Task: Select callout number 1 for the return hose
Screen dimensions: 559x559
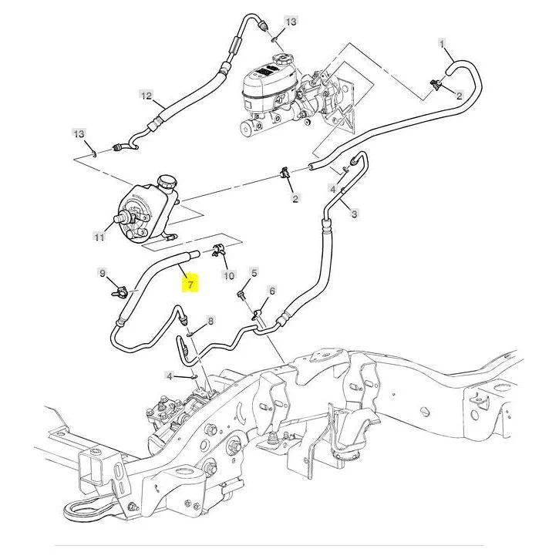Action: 442,44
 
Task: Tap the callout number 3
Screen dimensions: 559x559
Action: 354,214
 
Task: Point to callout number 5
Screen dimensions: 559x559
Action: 255,272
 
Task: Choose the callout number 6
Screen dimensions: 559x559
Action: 271,291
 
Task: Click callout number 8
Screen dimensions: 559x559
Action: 210,321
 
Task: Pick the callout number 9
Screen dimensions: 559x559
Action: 101,272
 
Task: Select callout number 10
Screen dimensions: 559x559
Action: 227,275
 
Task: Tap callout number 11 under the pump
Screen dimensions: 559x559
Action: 99,237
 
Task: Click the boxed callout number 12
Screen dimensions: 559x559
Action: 146,96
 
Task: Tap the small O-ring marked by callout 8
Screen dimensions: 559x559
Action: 190,333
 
